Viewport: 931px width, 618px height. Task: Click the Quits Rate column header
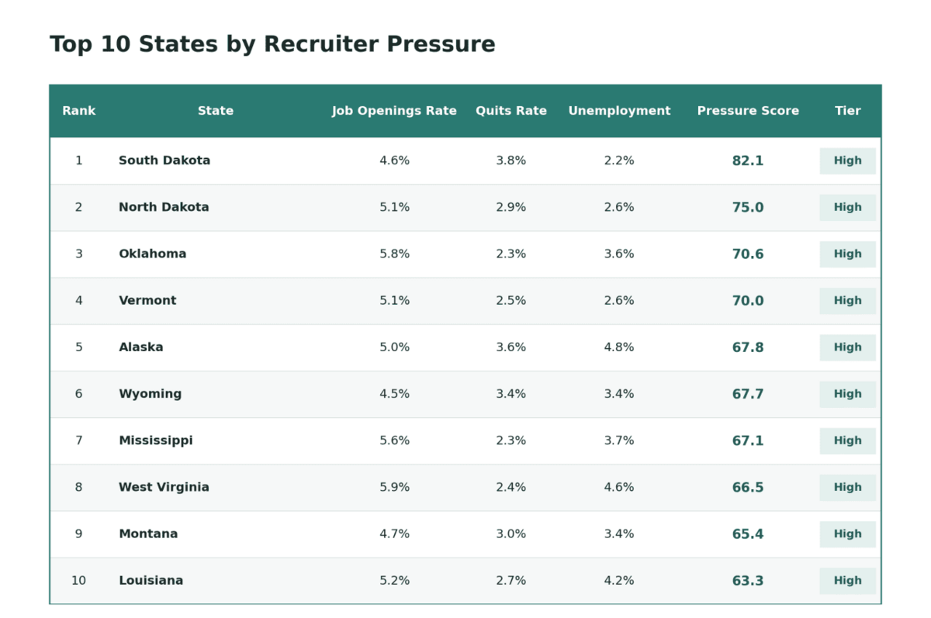[510, 110]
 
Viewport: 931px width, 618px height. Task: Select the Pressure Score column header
[748, 110]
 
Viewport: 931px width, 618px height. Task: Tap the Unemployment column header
[619, 111]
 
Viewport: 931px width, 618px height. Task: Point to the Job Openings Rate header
[394, 111]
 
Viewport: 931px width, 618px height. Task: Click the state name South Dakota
[164, 161]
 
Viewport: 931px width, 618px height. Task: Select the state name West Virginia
[164, 487]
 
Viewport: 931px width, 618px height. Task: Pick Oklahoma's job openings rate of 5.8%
[394, 254]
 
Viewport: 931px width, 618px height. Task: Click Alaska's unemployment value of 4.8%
[619, 347]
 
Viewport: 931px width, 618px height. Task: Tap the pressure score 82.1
[748, 161]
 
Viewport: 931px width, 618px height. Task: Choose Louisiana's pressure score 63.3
[748, 580]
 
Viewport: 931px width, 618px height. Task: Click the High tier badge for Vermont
[847, 300]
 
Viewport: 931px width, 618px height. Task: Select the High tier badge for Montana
[847, 533]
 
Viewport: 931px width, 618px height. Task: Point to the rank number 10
[78, 580]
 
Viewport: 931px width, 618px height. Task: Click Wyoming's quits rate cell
[510, 393]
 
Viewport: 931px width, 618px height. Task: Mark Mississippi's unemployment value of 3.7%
[619, 440]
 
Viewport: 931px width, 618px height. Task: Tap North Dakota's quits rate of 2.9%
[510, 207]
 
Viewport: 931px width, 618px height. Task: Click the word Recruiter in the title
[321, 44]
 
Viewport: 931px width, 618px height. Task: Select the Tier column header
[847, 110]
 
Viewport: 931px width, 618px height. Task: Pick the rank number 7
[78, 440]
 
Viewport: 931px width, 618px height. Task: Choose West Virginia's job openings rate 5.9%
[394, 487]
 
